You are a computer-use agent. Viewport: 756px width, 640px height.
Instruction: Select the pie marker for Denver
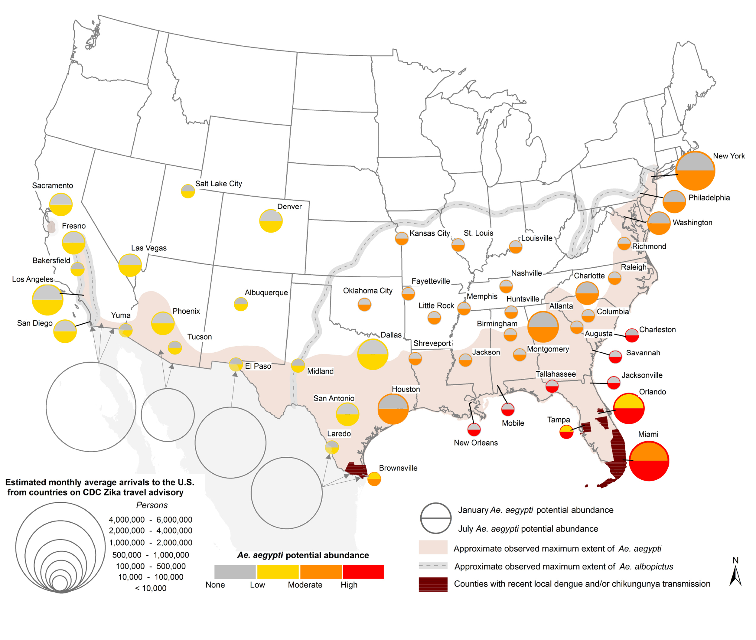click(271, 221)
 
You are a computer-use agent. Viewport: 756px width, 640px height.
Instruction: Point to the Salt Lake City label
click(218, 184)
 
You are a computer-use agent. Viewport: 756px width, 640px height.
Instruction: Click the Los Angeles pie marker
click(47, 300)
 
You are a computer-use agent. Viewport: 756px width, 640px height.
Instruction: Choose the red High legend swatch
click(363, 571)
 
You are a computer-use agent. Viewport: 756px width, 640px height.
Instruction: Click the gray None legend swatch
click(235, 571)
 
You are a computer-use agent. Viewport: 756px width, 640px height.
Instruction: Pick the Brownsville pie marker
click(374, 479)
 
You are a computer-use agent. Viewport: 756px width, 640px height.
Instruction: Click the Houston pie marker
click(393, 409)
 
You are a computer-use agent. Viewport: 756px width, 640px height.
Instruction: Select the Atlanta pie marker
click(543, 327)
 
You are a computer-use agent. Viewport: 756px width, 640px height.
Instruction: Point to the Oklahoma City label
click(367, 291)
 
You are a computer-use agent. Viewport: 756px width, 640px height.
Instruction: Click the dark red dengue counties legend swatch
click(433, 584)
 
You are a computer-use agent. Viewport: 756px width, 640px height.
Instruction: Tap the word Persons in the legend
click(152, 505)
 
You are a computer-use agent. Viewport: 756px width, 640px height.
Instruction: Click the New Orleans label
click(476, 442)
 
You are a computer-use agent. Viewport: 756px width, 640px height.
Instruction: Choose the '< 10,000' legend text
click(151, 588)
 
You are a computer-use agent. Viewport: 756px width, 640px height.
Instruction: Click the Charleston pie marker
click(632, 335)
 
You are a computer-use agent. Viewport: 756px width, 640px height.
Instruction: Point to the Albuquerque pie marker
click(240, 304)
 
